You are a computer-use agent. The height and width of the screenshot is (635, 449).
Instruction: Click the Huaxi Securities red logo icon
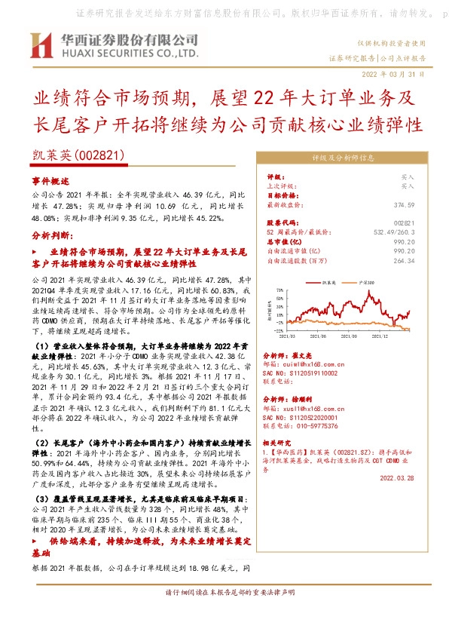(x=42, y=46)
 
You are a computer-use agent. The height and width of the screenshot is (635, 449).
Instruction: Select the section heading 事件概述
(x=50, y=182)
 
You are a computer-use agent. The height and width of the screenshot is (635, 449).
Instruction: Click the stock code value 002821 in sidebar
(x=405, y=224)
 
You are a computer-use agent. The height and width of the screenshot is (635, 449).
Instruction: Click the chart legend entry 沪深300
(x=368, y=281)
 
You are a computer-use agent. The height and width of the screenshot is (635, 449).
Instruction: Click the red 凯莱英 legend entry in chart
(x=327, y=281)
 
